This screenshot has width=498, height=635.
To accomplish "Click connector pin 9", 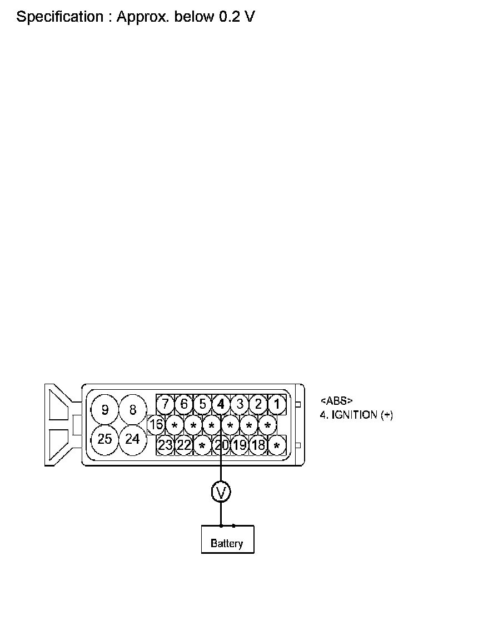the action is click(105, 410).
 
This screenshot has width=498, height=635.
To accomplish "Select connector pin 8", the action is click(132, 410).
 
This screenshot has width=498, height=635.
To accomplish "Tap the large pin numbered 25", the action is click(104, 439).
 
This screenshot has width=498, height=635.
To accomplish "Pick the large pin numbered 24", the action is click(132, 439).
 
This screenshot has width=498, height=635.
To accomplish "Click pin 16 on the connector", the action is click(156, 425).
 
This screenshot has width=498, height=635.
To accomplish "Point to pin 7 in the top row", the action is click(165, 404).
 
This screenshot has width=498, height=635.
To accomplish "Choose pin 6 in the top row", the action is click(184, 404).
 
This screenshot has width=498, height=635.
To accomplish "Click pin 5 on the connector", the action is click(202, 404).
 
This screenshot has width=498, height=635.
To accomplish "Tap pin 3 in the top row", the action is click(240, 404).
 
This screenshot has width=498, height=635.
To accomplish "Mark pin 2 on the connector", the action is click(258, 404).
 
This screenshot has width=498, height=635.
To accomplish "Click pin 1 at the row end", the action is click(277, 404).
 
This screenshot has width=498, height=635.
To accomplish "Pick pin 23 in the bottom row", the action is click(165, 445).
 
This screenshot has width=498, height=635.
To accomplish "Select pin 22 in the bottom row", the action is click(184, 445).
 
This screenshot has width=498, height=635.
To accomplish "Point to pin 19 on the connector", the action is click(240, 445).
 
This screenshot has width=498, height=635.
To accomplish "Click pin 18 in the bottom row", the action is click(258, 445).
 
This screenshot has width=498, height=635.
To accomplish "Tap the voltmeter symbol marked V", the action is click(221, 492).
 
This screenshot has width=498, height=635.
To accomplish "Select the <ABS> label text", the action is click(336, 401).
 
